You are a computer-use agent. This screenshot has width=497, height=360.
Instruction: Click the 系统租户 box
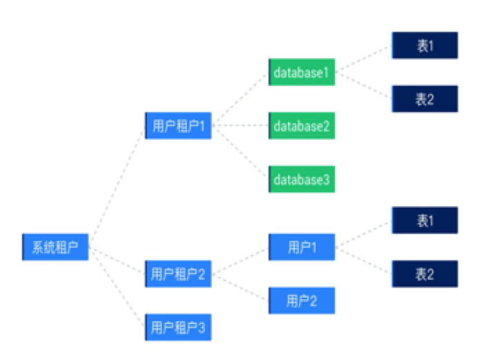tap(55, 247)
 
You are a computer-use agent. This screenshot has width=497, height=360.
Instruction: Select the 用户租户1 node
tap(179, 125)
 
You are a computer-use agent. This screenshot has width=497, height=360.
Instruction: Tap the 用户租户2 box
tap(179, 273)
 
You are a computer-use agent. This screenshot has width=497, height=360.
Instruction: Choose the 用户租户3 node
tap(179, 327)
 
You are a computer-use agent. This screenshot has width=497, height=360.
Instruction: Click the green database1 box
tap(302, 72)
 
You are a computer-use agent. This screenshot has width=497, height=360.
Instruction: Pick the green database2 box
tap(302, 125)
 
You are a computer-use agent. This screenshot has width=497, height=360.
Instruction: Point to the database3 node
tap(302, 179)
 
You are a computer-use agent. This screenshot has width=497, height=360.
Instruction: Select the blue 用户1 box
tap(302, 247)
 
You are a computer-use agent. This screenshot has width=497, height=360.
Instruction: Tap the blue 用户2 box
tap(302, 300)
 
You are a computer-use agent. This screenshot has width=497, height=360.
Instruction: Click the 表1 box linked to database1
tap(425, 45)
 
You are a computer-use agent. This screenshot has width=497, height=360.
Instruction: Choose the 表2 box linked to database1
tap(425, 99)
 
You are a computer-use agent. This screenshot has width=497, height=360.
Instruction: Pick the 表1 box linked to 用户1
tap(425, 220)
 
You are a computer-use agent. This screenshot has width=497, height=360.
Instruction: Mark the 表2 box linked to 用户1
tap(425, 273)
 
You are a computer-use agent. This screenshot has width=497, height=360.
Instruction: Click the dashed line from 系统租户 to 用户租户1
tap(117, 186)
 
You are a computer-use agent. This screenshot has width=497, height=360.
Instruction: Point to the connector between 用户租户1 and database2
tap(240, 125)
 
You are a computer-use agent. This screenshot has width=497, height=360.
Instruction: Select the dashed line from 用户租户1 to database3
tap(240, 152)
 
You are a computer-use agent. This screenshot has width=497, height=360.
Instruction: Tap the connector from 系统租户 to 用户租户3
tap(117, 287)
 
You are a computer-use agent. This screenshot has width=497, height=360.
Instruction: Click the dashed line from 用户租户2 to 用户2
tap(240, 287)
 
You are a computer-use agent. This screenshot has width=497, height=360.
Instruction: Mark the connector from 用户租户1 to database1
tap(240, 99)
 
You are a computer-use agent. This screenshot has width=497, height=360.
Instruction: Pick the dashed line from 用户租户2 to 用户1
tap(240, 260)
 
